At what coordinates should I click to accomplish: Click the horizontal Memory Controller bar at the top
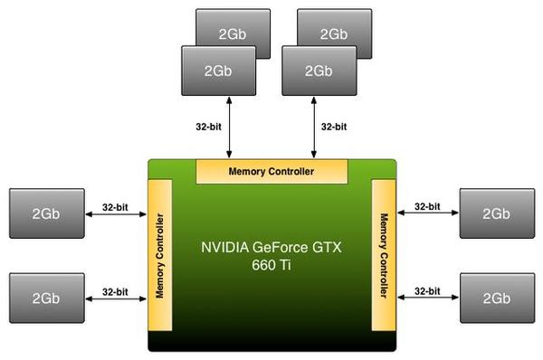(x=271, y=170)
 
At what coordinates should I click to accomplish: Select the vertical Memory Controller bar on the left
(x=159, y=255)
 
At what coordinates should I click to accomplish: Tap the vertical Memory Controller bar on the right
(x=384, y=255)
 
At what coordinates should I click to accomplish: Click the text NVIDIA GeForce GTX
(x=271, y=246)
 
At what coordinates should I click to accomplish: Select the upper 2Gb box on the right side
(x=497, y=213)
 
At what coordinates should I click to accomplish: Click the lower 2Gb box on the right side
(x=497, y=297)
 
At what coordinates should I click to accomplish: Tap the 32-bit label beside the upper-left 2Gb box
(x=116, y=206)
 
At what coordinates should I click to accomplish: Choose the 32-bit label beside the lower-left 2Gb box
(x=116, y=291)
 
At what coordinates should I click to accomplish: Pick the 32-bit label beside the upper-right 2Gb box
(x=427, y=206)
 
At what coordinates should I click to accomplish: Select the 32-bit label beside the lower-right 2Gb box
(x=427, y=291)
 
